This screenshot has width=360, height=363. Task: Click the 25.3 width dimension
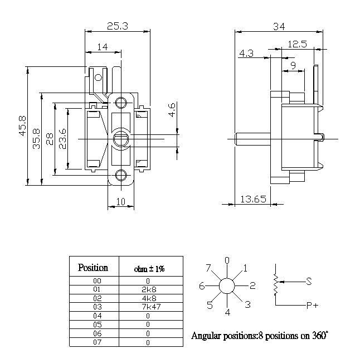(117, 26)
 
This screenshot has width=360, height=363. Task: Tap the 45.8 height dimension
(23, 125)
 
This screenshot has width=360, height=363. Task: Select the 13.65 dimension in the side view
(254, 199)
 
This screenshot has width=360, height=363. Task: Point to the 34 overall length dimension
(279, 26)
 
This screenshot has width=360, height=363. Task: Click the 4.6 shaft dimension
(172, 110)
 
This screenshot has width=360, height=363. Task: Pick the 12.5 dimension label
(297, 44)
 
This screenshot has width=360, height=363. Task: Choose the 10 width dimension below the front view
(120, 202)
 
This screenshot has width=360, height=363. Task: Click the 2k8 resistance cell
(149, 289)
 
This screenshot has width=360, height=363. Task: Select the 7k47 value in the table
(151, 307)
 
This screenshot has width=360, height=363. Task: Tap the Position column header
(93, 268)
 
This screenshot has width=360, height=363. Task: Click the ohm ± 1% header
(149, 269)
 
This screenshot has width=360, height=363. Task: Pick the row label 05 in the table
(97, 325)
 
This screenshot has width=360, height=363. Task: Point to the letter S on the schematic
(309, 281)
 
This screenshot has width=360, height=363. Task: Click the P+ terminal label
(312, 306)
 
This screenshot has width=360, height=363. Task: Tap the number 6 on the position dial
(202, 286)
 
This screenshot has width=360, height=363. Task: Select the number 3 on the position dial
(247, 304)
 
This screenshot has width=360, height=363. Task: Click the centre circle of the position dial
(227, 286)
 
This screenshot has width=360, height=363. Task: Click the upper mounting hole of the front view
(121, 103)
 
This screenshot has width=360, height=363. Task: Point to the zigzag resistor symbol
(275, 284)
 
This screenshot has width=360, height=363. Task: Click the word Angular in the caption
(206, 336)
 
